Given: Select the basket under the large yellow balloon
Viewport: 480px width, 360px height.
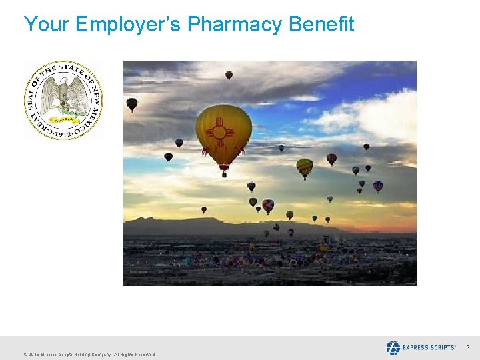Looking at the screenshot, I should [x=224, y=175].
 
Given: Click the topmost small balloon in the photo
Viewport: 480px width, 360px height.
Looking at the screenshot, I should [x=229, y=75].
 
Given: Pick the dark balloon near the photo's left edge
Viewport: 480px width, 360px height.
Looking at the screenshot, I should [x=132, y=104].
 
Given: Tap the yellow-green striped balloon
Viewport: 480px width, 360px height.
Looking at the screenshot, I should [x=305, y=167].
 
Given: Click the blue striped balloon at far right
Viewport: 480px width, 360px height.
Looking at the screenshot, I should [x=378, y=186].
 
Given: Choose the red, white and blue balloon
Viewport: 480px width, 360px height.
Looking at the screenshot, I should [x=268, y=205].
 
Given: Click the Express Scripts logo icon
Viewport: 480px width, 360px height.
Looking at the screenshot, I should [x=393, y=347].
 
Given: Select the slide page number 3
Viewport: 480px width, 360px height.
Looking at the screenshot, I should [x=467, y=348].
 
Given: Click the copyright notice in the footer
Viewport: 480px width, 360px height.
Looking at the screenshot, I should [x=89, y=354].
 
